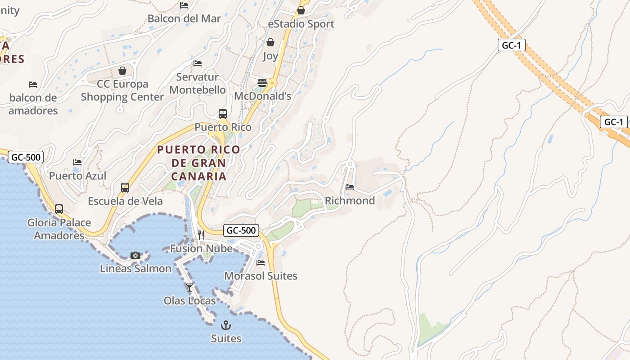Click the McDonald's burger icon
pyautogui.click(x=262, y=83)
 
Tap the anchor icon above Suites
pyautogui.click(x=226, y=325)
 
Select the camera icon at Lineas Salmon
pyautogui.click(x=135, y=255)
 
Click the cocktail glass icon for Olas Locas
pyautogui.click(x=189, y=287)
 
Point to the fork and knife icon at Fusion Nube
pyautogui.click(x=201, y=235)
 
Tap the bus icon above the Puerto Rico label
pyautogui.click(x=223, y=114)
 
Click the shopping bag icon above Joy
pyautogui.click(x=270, y=42)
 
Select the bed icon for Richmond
pyautogui.click(x=350, y=187)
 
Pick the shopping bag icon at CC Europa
pyautogui.click(x=122, y=71)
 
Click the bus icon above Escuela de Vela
pyautogui.click(x=125, y=188)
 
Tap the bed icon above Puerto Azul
pyautogui.click(x=77, y=162)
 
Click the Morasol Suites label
pyautogui.click(x=261, y=276)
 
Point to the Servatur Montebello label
pyautogui.click(x=198, y=83)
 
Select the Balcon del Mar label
pyautogui.click(x=184, y=18)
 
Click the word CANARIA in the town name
pyautogui.click(x=198, y=176)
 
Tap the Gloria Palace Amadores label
pyautogui.click(x=59, y=229)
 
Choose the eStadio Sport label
pyautogui.click(x=301, y=24)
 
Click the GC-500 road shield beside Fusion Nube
pyautogui.click(x=241, y=230)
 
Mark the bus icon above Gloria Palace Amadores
pyautogui.click(x=59, y=209)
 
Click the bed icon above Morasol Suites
pyautogui.click(x=261, y=262)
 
